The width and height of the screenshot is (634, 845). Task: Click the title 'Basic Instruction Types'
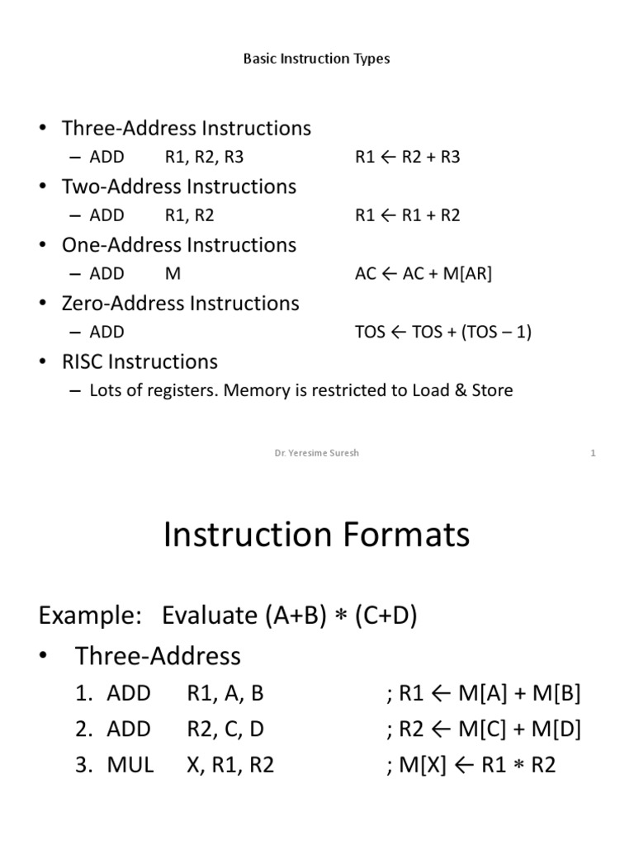tap(317, 59)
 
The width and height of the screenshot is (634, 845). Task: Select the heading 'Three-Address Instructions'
tap(186, 128)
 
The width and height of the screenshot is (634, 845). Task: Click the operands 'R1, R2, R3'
tap(204, 157)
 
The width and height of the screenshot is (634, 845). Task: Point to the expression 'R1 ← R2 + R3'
tap(407, 157)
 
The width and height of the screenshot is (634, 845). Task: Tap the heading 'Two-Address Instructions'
tap(178, 186)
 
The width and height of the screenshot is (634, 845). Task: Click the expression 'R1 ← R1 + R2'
tap(407, 215)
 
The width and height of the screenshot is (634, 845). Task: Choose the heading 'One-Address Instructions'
tap(178, 245)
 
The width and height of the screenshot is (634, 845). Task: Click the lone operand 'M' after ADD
tap(173, 274)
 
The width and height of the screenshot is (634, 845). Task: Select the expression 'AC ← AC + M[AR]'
tap(423, 274)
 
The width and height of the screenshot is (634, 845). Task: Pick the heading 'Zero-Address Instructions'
tap(180, 303)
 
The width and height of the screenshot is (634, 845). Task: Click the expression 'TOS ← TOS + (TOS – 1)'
tap(442, 332)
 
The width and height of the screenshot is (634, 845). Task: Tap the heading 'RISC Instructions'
tap(140, 361)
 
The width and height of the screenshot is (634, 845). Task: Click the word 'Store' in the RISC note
tap(490, 390)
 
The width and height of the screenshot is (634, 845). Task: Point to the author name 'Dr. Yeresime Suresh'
tap(317, 453)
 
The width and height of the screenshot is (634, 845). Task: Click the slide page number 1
tap(593, 453)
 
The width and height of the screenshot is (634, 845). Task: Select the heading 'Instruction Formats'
tap(317, 535)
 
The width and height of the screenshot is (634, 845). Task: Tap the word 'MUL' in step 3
tap(130, 765)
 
